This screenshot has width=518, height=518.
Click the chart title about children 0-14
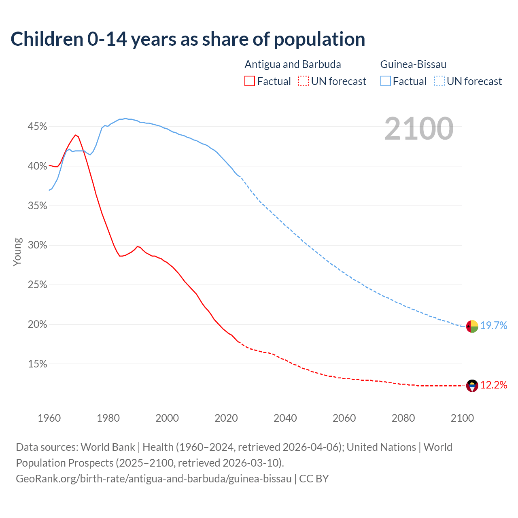tap(188, 39)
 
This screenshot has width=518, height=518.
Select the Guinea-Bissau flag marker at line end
tap(472, 326)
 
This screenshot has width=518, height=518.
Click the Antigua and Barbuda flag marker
tap(472, 386)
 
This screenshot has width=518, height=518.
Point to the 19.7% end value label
tap(494, 325)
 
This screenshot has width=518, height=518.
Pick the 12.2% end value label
tap(494, 385)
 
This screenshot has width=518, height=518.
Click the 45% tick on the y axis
tap(37, 127)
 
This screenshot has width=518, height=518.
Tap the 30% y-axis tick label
tap(37, 245)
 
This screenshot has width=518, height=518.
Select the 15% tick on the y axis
tap(37, 364)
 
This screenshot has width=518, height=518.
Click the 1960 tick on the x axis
tap(49, 418)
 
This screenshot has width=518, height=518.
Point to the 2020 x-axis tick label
tap(226, 418)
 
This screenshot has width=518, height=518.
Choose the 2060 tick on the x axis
tap(344, 418)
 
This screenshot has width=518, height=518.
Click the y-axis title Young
tap(17, 252)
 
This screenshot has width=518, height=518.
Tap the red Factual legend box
tap(250, 81)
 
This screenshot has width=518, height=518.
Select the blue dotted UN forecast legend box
tap(439, 81)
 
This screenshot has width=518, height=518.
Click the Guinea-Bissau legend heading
tap(413, 64)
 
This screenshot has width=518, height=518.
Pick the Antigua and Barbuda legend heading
tap(293, 64)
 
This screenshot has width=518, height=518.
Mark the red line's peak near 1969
tap(75, 135)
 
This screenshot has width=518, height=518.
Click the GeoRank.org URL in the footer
tap(154, 478)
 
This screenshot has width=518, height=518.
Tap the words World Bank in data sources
tap(108, 447)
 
